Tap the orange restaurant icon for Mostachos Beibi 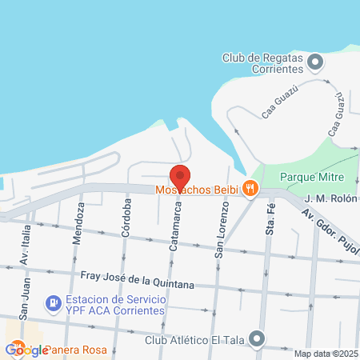click(x=250, y=189)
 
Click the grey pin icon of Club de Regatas click(x=316, y=62)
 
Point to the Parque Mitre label click(x=312, y=176)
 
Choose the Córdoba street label click(x=126, y=222)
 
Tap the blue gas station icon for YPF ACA click(x=54, y=303)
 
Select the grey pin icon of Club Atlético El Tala click(x=257, y=339)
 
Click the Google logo click(x=26, y=350)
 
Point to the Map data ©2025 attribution click(x=326, y=354)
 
